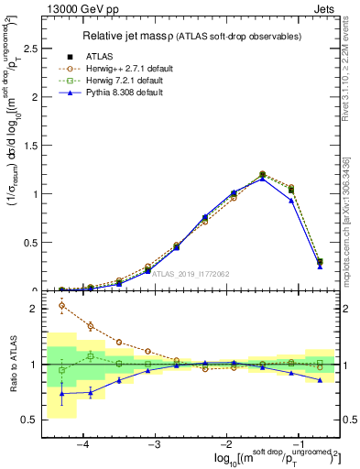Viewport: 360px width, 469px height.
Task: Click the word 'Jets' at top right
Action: (326, 9)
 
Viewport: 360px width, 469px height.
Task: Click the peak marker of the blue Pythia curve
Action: (262, 179)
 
